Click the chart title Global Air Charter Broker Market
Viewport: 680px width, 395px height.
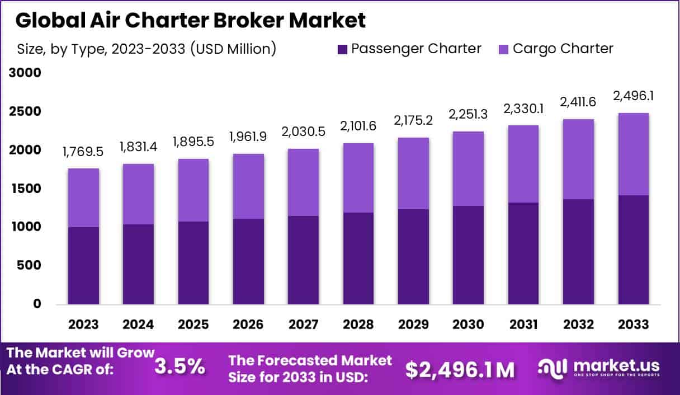tap(190, 20)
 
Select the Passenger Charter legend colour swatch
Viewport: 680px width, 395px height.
tap(342, 49)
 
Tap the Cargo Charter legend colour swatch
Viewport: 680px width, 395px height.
tap(503, 49)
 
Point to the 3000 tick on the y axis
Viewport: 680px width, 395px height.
tap(25, 73)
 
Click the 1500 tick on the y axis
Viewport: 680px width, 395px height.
tap(25, 189)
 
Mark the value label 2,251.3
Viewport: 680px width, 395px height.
tap(469, 114)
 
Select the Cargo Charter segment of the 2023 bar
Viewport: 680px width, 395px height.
tap(83, 198)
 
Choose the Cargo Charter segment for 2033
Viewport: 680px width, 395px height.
tap(634, 154)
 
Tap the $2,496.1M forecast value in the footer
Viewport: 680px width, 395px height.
tap(460, 369)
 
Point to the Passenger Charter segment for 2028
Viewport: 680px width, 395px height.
tap(359, 258)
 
